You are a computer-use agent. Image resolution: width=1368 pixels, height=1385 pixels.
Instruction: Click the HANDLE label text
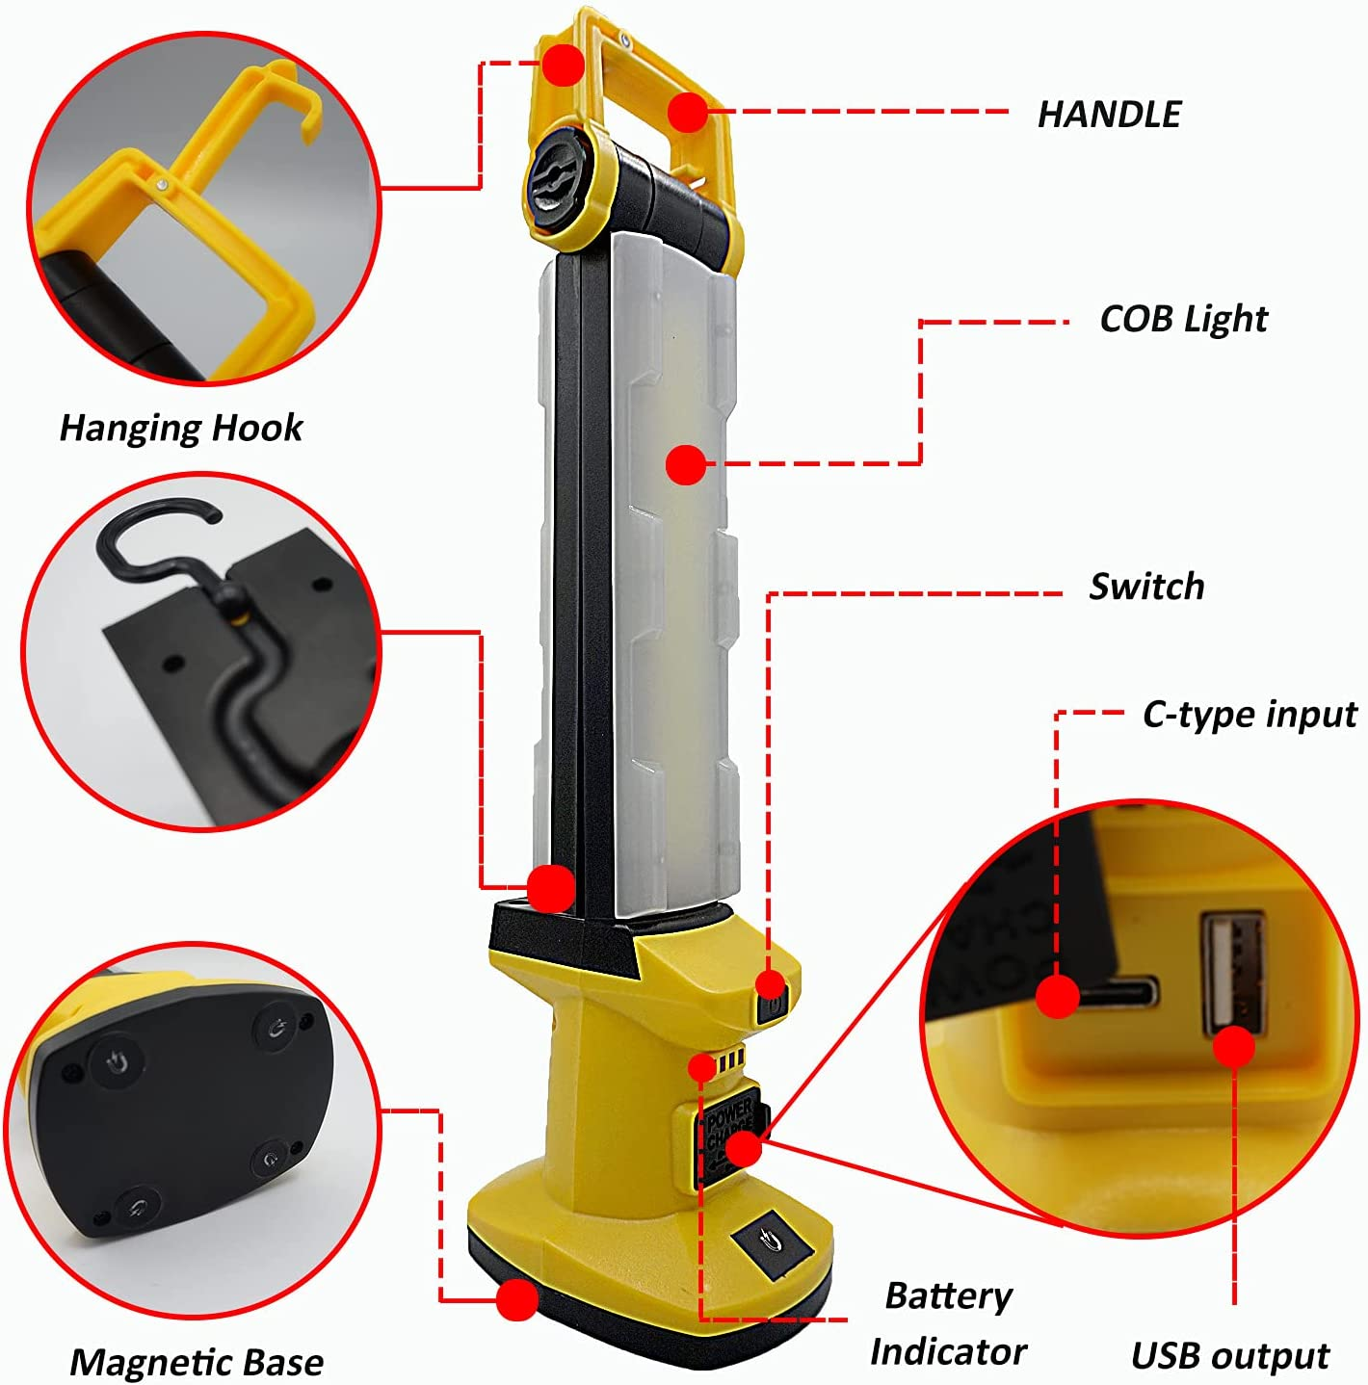pyautogui.click(x=1108, y=114)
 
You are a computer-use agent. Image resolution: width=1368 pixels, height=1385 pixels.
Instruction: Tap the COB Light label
pyautogui.click(x=1183, y=319)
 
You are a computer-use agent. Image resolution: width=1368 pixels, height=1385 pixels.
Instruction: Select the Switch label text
pyautogui.click(x=1146, y=586)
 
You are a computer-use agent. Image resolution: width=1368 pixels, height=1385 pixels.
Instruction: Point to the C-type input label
pyautogui.click(x=1250, y=715)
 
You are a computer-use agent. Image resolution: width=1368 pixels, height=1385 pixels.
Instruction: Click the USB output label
pyautogui.click(x=1230, y=1355)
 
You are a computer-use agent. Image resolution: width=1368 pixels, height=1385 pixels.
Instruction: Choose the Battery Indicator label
pyautogui.click(x=948, y=1323)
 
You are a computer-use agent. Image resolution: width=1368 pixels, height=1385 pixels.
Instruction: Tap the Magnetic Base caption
pyautogui.click(x=197, y=1362)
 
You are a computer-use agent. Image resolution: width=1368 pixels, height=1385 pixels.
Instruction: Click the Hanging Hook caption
pyautogui.click(x=181, y=427)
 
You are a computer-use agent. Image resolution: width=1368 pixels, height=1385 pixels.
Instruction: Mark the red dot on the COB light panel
pyautogui.click(x=685, y=465)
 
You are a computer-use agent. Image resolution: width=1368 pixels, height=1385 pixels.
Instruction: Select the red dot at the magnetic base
pyautogui.click(x=517, y=1300)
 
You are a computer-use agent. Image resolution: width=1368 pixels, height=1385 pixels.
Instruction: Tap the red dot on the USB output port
pyautogui.click(x=1234, y=1047)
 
